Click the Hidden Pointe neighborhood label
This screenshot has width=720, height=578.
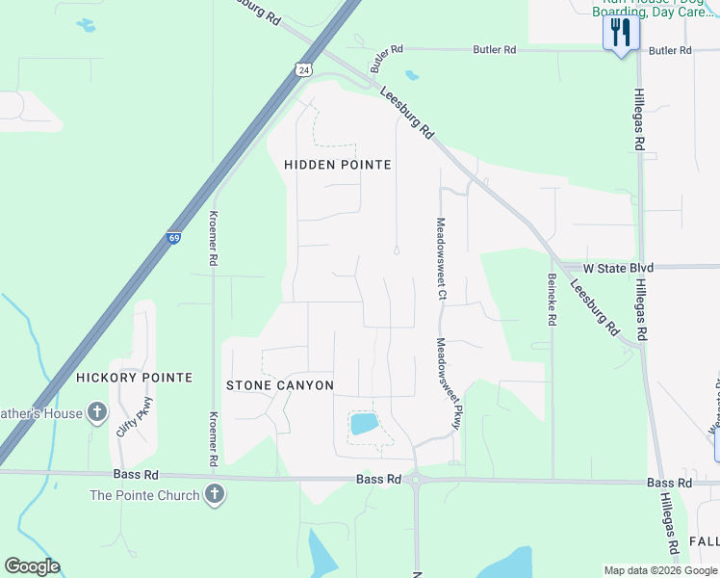click(x=338, y=165)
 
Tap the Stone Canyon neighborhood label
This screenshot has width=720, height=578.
click(x=280, y=385)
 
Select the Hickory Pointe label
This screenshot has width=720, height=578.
click(x=134, y=378)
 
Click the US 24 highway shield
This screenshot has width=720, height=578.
click(x=303, y=69)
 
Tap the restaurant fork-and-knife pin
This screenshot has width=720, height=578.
click(x=621, y=34)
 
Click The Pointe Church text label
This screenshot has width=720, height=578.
click(x=144, y=495)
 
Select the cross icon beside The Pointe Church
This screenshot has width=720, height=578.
click(x=215, y=495)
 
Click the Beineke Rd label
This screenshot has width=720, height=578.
click(x=553, y=301)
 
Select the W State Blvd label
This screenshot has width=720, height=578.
click(x=619, y=267)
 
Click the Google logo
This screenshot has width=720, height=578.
click(x=32, y=566)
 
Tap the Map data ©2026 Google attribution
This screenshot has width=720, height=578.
click(x=659, y=570)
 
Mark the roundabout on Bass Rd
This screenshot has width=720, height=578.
click(x=416, y=478)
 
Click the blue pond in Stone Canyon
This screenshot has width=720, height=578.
click(x=364, y=424)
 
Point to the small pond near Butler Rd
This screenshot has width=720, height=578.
click(x=412, y=75)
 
